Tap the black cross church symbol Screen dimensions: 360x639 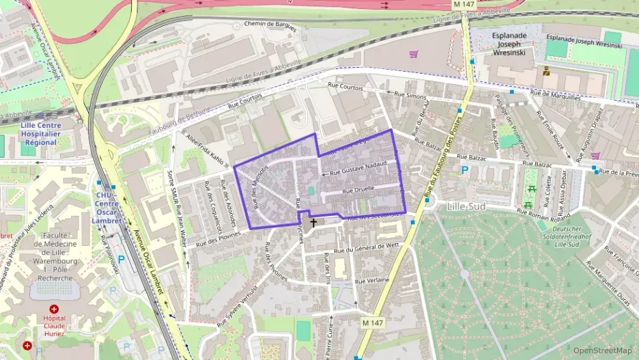click(314, 223)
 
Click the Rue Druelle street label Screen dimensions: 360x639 click(358, 191)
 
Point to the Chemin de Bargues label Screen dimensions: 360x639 click(271, 25)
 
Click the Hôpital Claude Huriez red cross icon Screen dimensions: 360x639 click(54, 309)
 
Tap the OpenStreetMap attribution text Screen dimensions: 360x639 click(602, 350)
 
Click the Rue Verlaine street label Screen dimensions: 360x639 click(371, 281)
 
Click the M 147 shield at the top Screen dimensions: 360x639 click(463, 5)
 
